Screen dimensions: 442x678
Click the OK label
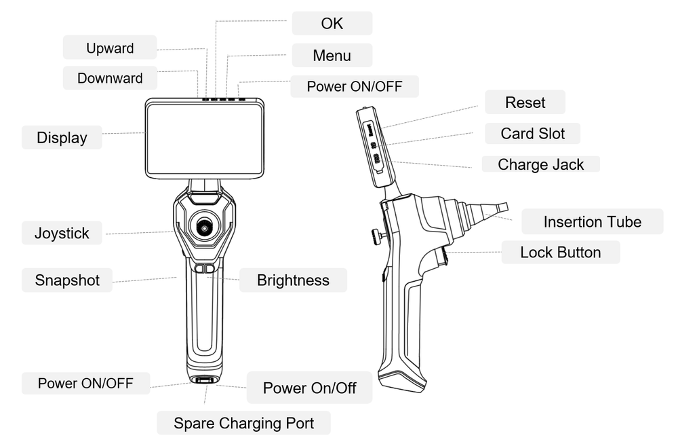coord(332,23)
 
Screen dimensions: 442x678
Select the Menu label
coord(332,56)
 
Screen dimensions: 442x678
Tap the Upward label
coord(110,48)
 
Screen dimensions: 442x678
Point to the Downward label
coord(110,78)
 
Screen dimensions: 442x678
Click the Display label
coord(62,138)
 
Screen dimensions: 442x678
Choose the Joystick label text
coord(62,234)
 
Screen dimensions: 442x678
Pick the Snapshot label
coord(67,280)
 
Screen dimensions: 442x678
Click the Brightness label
coord(293,280)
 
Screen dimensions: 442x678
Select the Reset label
coord(525,103)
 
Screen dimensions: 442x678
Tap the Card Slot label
coord(532,133)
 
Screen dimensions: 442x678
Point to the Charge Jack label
coord(540,164)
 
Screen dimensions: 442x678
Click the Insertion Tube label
coord(592,222)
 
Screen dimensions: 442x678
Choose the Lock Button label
coord(560,253)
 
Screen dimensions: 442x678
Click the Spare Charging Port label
coord(243,424)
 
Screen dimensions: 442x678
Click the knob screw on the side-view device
coord(374,236)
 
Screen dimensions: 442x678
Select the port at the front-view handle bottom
coord(203,381)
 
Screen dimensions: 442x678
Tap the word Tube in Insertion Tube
coord(624,222)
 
